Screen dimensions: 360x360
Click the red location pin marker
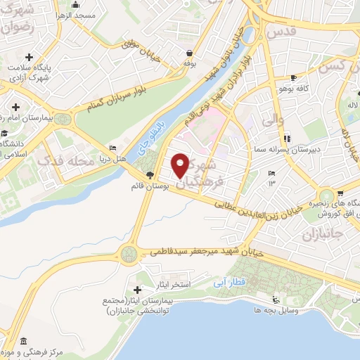[x=181, y=165]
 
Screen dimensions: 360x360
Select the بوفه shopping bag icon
[x=188, y=53]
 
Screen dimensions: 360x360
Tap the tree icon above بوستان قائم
[x=149, y=174]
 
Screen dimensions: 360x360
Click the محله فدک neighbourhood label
[x=65, y=162]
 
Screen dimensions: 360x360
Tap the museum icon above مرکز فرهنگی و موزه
[x=23, y=341]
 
